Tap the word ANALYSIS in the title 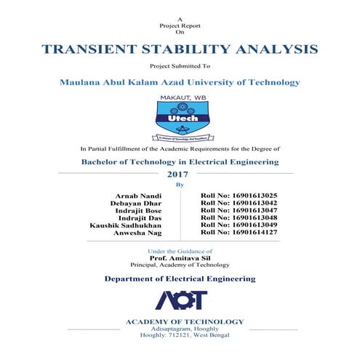pos(275,50)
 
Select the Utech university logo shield pos(179,116)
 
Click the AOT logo pos(180,300)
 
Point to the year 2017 pos(177,175)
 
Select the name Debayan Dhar pos(136,204)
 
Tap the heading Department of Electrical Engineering pos(179,279)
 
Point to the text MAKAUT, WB pos(179,96)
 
